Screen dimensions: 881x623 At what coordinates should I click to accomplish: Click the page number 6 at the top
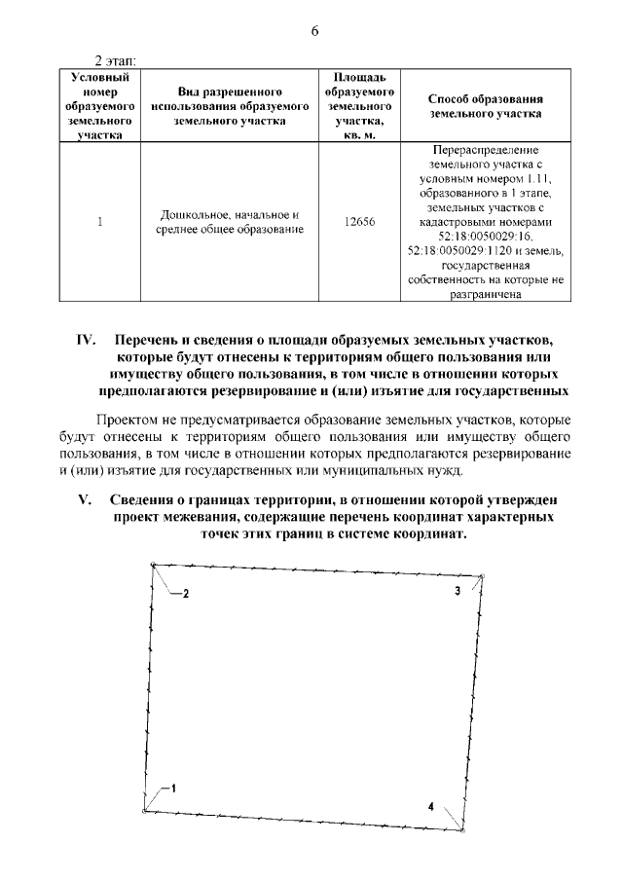pos(314,30)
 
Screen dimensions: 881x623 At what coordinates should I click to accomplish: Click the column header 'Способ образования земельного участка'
pos(485,106)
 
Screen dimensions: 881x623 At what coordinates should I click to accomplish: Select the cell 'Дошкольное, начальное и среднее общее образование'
pos(230,221)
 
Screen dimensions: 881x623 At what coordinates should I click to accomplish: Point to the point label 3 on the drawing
pos(457,591)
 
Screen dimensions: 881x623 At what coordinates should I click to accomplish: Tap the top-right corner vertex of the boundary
pos(483,576)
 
